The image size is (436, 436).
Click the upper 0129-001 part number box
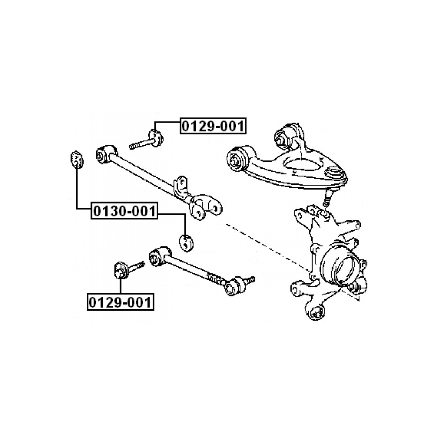pyautogui.click(x=213, y=126)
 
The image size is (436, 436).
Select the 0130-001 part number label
pyautogui.click(x=124, y=211)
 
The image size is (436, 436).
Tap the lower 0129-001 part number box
pyautogui.click(x=120, y=302)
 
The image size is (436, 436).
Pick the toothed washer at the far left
pyautogui.click(x=76, y=159)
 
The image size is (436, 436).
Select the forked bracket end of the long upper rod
pyautogui.click(x=204, y=206)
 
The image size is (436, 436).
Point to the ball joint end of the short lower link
pyautogui.click(x=234, y=285)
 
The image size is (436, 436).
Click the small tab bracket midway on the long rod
pyautogui.click(x=181, y=186)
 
